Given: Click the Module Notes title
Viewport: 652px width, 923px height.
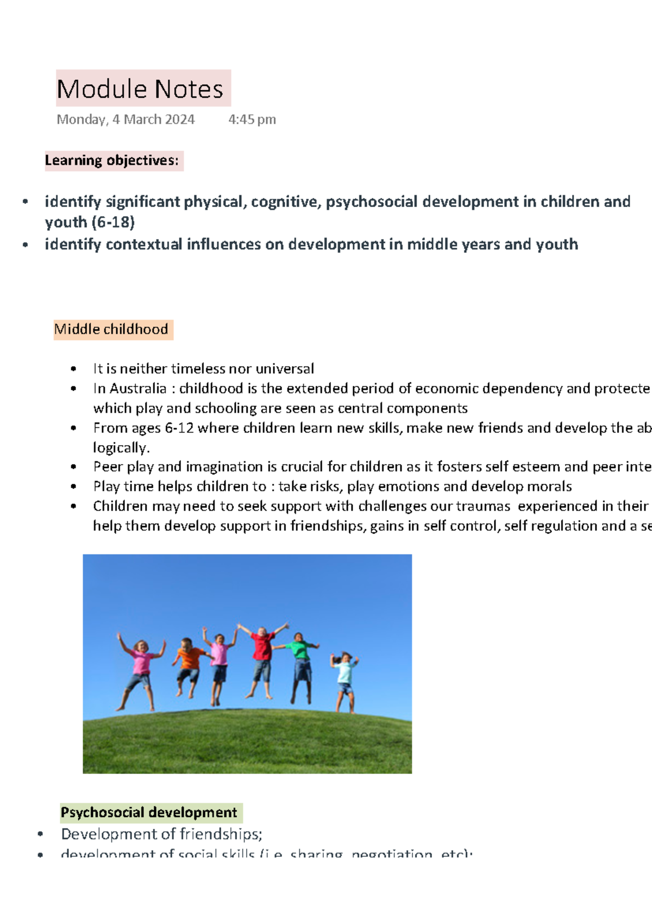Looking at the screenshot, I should point(140,89).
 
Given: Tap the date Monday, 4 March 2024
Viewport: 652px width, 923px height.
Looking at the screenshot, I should point(126,120).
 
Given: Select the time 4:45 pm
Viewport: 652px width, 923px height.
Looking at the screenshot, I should point(252,120).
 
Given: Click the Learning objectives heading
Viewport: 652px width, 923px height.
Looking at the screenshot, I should point(112,161).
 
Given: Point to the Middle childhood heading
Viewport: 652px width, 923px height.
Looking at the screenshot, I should point(111,329).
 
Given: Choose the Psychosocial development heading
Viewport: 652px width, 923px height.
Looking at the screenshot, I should point(149,813).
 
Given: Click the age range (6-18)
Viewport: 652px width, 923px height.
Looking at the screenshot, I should point(113,222).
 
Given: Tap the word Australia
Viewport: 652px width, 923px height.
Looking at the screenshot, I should point(138,389).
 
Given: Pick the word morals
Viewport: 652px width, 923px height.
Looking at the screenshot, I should point(551,487).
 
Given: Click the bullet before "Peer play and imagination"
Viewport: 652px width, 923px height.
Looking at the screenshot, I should point(73,467).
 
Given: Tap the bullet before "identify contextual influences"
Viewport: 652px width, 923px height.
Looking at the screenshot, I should point(25,245).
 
